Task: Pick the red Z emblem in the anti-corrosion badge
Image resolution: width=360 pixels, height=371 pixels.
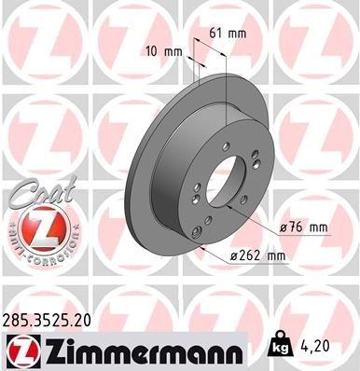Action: coord(36,227)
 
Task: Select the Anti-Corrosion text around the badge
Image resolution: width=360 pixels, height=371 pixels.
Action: coord(36,252)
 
